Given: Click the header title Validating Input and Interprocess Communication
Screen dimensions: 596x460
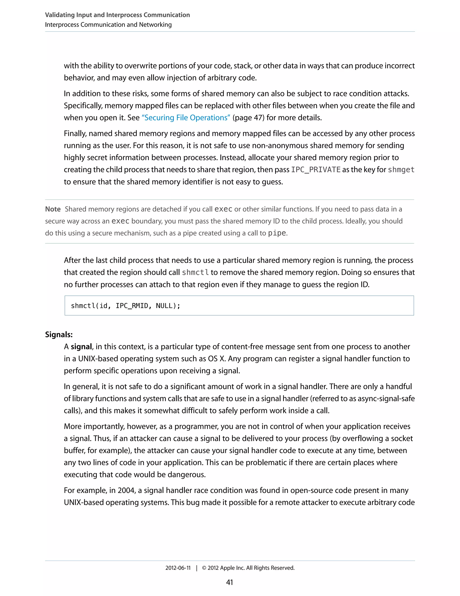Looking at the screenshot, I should tap(117, 15).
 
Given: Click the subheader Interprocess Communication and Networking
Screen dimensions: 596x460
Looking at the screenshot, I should tap(108, 25).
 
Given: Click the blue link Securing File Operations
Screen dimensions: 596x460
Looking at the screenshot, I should tap(186, 118).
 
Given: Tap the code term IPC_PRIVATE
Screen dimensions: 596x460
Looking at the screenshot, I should tap(316, 170).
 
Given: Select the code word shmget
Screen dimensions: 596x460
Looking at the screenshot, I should tap(401, 170).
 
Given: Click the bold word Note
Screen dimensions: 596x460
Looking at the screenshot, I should tap(53, 209).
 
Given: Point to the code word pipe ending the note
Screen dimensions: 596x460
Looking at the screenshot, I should tap(277, 233).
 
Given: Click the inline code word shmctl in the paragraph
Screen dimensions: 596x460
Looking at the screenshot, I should tap(195, 272).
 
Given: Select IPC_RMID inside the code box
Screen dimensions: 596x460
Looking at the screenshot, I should tap(132, 306).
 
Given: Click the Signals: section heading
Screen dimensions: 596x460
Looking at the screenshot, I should tap(59, 335).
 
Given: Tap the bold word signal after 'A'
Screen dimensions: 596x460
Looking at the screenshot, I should tap(81, 347).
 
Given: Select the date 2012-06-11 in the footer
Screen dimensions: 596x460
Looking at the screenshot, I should tap(178, 568).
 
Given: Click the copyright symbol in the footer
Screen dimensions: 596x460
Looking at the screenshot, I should tap(204, 568).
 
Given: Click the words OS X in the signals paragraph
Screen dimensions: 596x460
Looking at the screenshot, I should tap(217, 358).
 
